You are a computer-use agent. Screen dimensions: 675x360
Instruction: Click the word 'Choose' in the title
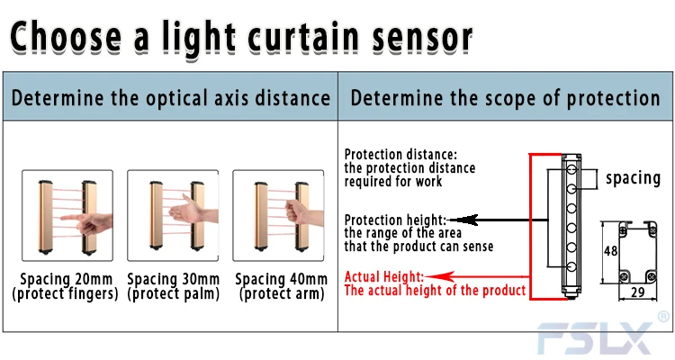[66, 37]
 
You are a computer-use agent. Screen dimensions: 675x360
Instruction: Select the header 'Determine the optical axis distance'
[170, 98]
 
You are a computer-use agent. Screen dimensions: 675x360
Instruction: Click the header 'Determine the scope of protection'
[505, 98]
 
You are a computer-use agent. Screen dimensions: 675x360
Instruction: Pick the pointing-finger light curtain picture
[67, 215]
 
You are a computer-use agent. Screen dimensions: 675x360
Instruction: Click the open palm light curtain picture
[173, 215]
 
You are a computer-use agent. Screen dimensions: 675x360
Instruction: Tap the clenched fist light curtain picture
[278, 215]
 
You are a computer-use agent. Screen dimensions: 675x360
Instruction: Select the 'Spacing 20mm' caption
[67, 279]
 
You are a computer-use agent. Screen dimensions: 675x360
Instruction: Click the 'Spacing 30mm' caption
[173, 279]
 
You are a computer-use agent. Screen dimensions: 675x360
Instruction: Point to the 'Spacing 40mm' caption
[281, 279]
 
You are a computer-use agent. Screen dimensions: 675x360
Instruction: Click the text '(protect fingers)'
[65, 293]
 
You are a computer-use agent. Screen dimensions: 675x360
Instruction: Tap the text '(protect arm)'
[282, 293]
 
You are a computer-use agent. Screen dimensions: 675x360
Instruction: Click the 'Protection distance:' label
[400, 154]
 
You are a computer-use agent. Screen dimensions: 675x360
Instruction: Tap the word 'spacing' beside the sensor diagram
[633, 178]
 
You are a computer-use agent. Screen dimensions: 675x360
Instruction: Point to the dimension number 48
[611, 250]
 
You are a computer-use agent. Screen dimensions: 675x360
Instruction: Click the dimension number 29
[637, 292]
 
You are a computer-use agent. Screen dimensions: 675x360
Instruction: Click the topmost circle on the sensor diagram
[571, 169]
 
